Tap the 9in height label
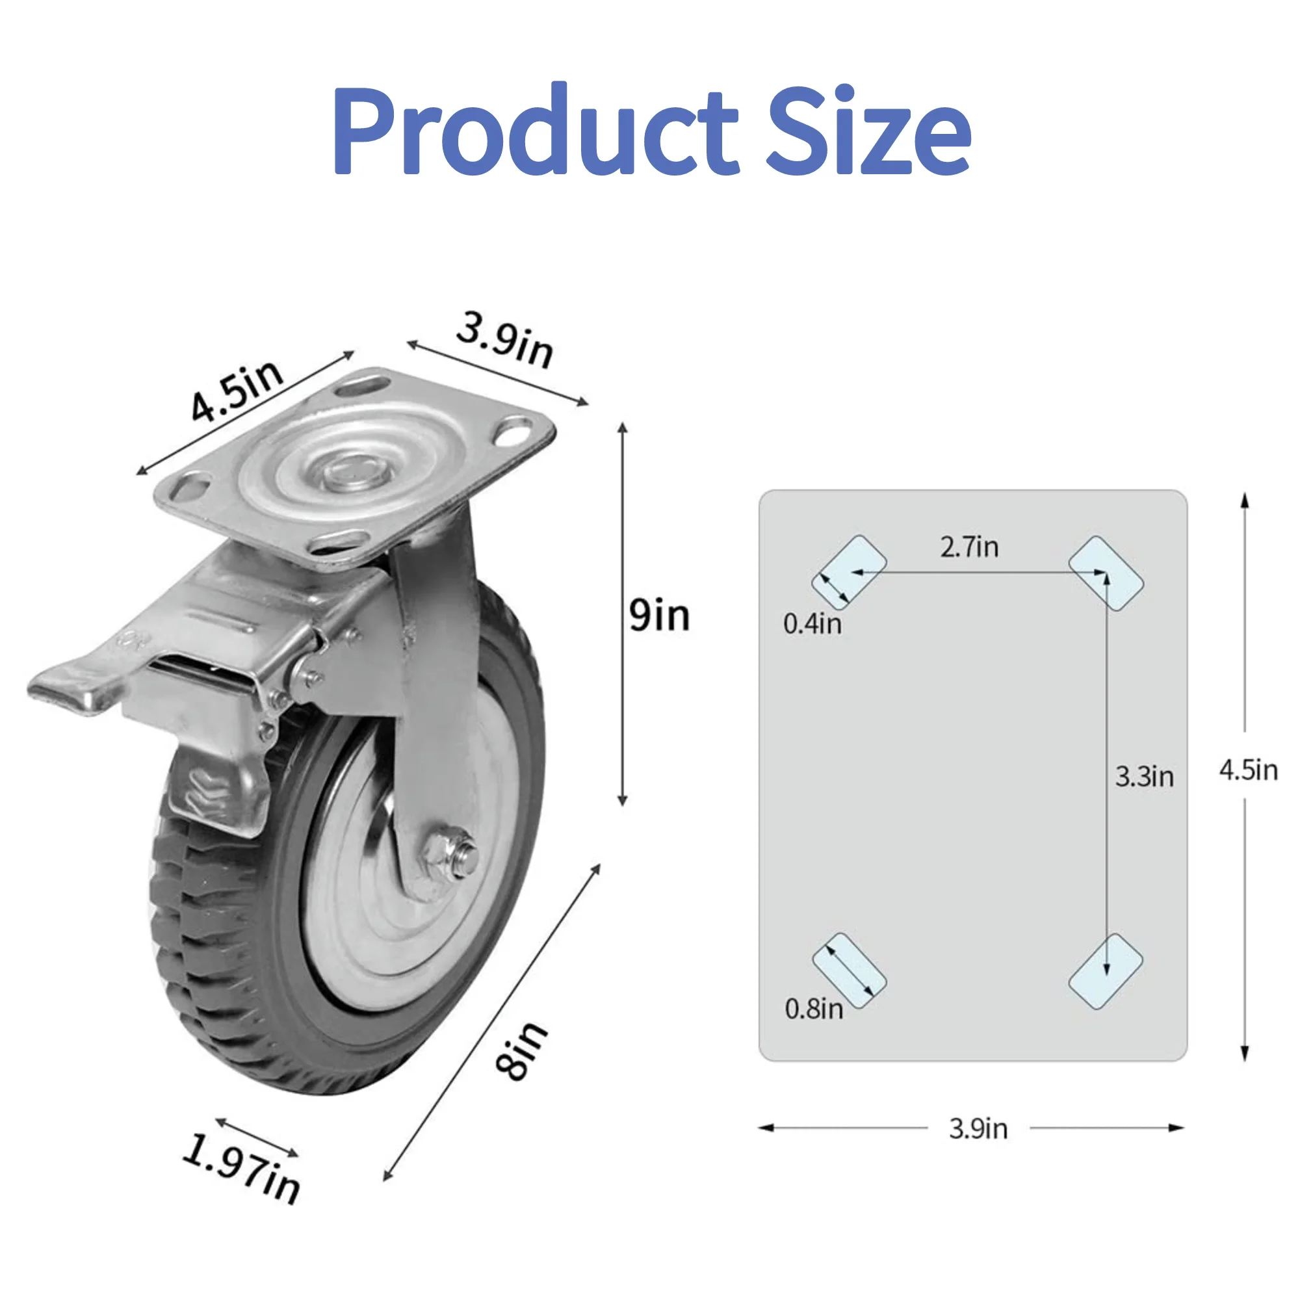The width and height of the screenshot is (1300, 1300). [x=659, y=615]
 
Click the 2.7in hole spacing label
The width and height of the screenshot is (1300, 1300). [x=970, y=547]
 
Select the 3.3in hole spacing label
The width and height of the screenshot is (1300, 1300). [x=1145, y=777]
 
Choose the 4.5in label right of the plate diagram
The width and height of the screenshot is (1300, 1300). [x=1248, y=770]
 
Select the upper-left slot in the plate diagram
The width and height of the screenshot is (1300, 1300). [x=849, y=573]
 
